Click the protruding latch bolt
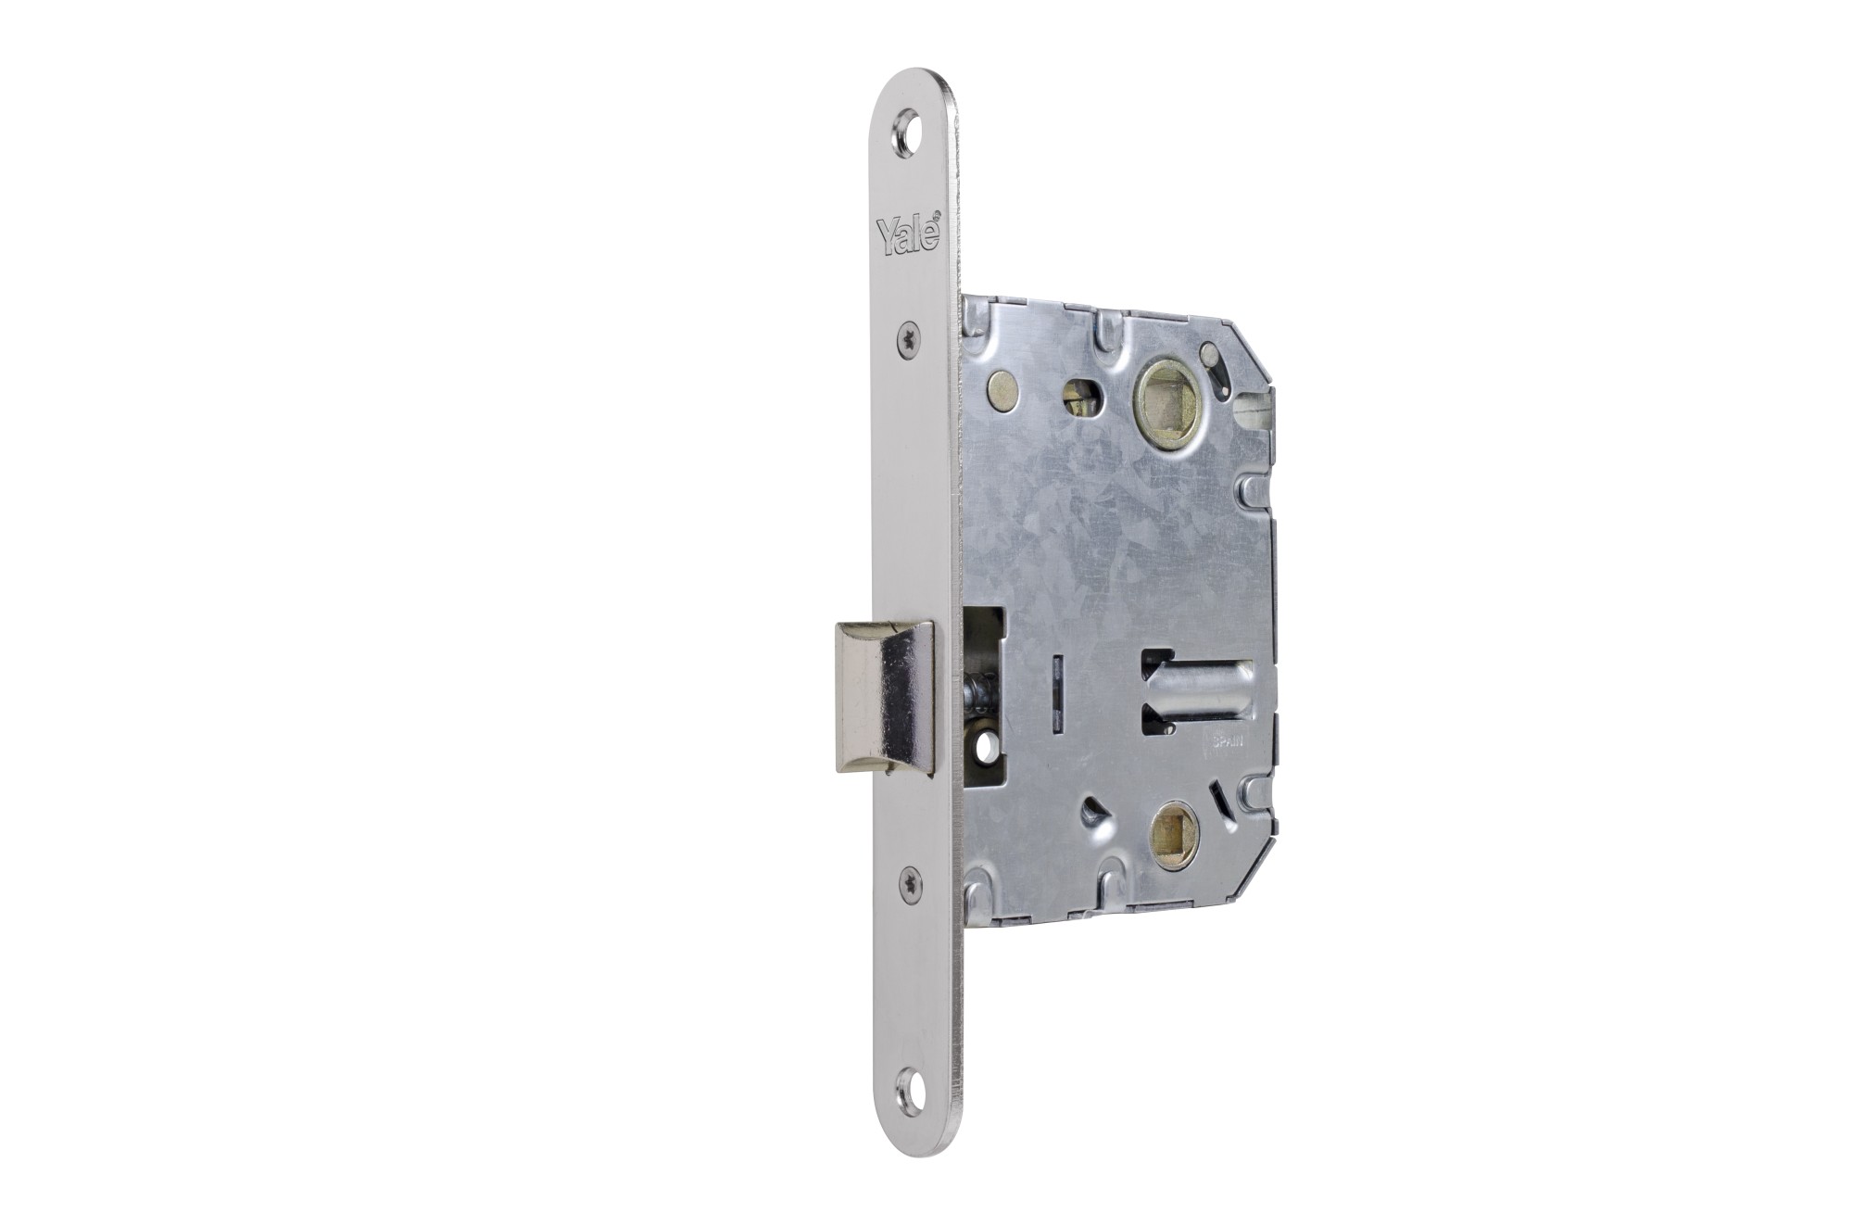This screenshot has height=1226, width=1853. pyautogui.click(x=885, y=697)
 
